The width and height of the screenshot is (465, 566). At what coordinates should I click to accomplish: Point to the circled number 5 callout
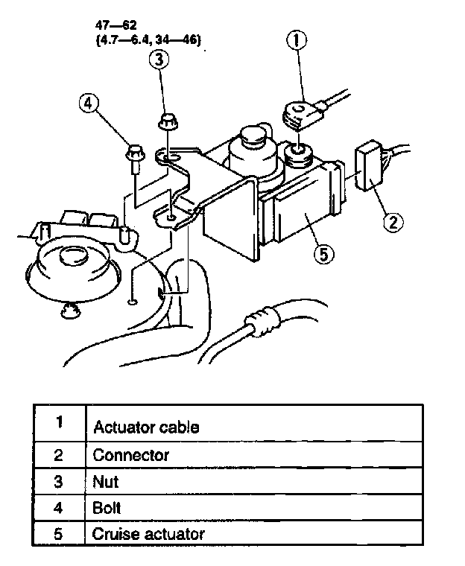coord(323,254)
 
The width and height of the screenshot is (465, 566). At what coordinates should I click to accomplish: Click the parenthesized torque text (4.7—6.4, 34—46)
coord(148,41)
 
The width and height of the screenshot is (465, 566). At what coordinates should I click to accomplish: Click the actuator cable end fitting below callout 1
coord(303,114)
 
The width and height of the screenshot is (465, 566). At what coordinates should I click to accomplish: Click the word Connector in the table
coord(130,454)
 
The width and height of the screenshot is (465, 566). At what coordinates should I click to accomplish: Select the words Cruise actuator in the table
coord(148,534)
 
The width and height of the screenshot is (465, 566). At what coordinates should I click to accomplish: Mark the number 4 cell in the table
coord(59,508)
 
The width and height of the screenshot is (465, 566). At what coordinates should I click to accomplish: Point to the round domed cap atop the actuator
coord(249,141)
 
